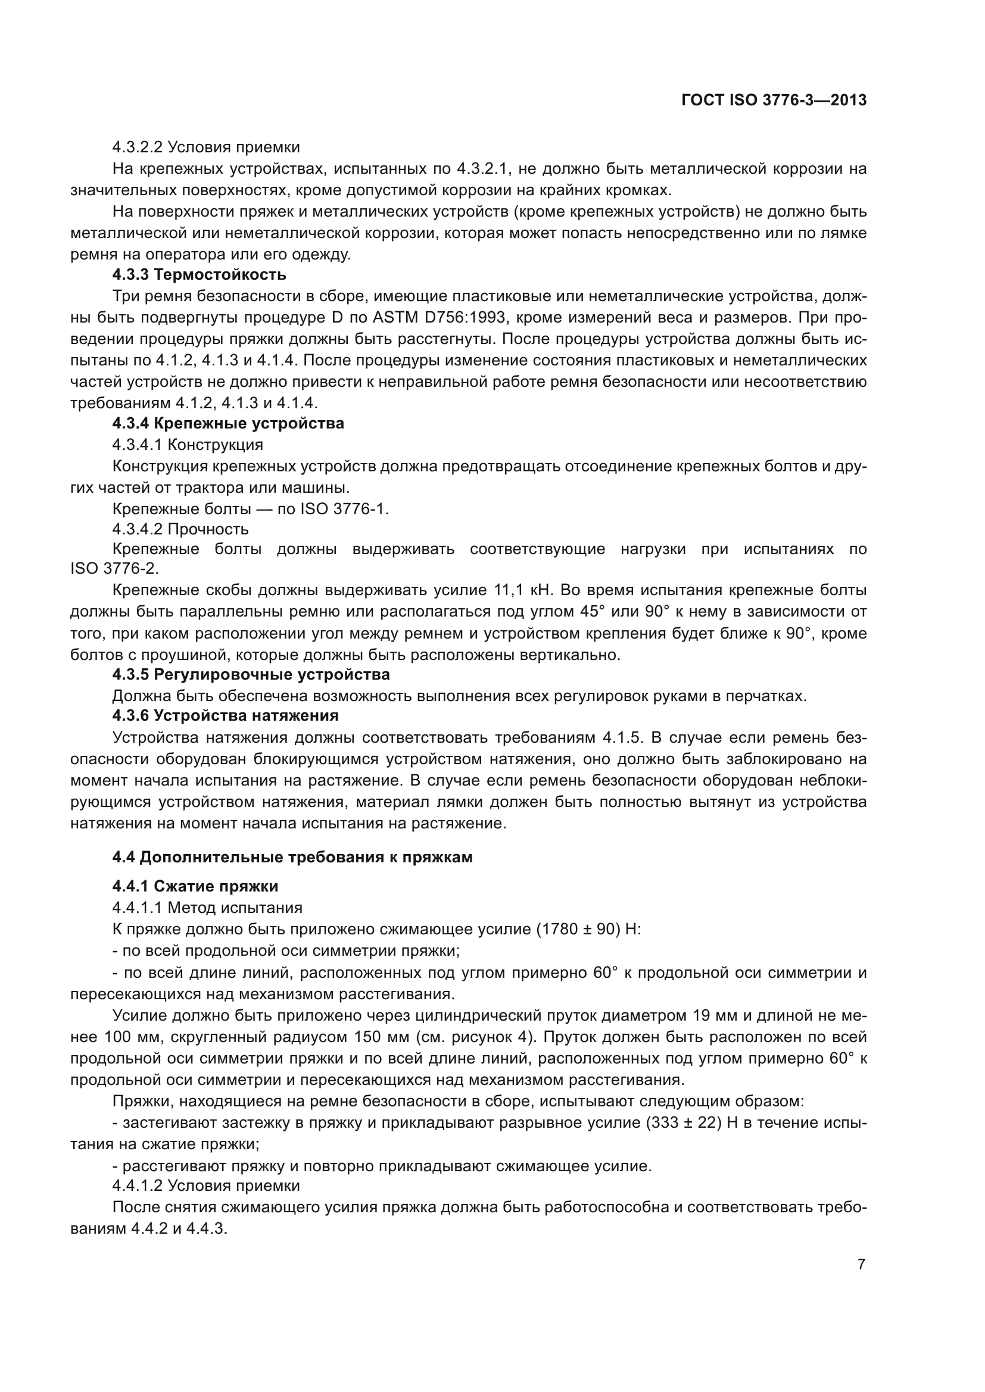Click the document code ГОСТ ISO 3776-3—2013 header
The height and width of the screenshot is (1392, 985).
point(774,101)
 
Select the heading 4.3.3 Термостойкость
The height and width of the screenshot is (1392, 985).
point(199,274)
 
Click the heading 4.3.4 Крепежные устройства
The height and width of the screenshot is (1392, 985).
point(228,423)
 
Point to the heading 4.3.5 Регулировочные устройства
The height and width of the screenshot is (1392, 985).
point(251,674)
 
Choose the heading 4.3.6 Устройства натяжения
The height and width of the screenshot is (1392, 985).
point(225,715)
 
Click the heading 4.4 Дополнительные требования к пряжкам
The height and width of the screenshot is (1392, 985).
point(292,857)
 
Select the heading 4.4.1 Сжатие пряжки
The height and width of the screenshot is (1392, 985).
point(195,886)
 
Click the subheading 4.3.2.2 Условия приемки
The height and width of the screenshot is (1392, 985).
point(206,148)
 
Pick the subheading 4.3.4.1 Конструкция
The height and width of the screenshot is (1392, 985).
point(188,445)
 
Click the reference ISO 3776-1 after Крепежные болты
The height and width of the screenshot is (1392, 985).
point(343,509)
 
